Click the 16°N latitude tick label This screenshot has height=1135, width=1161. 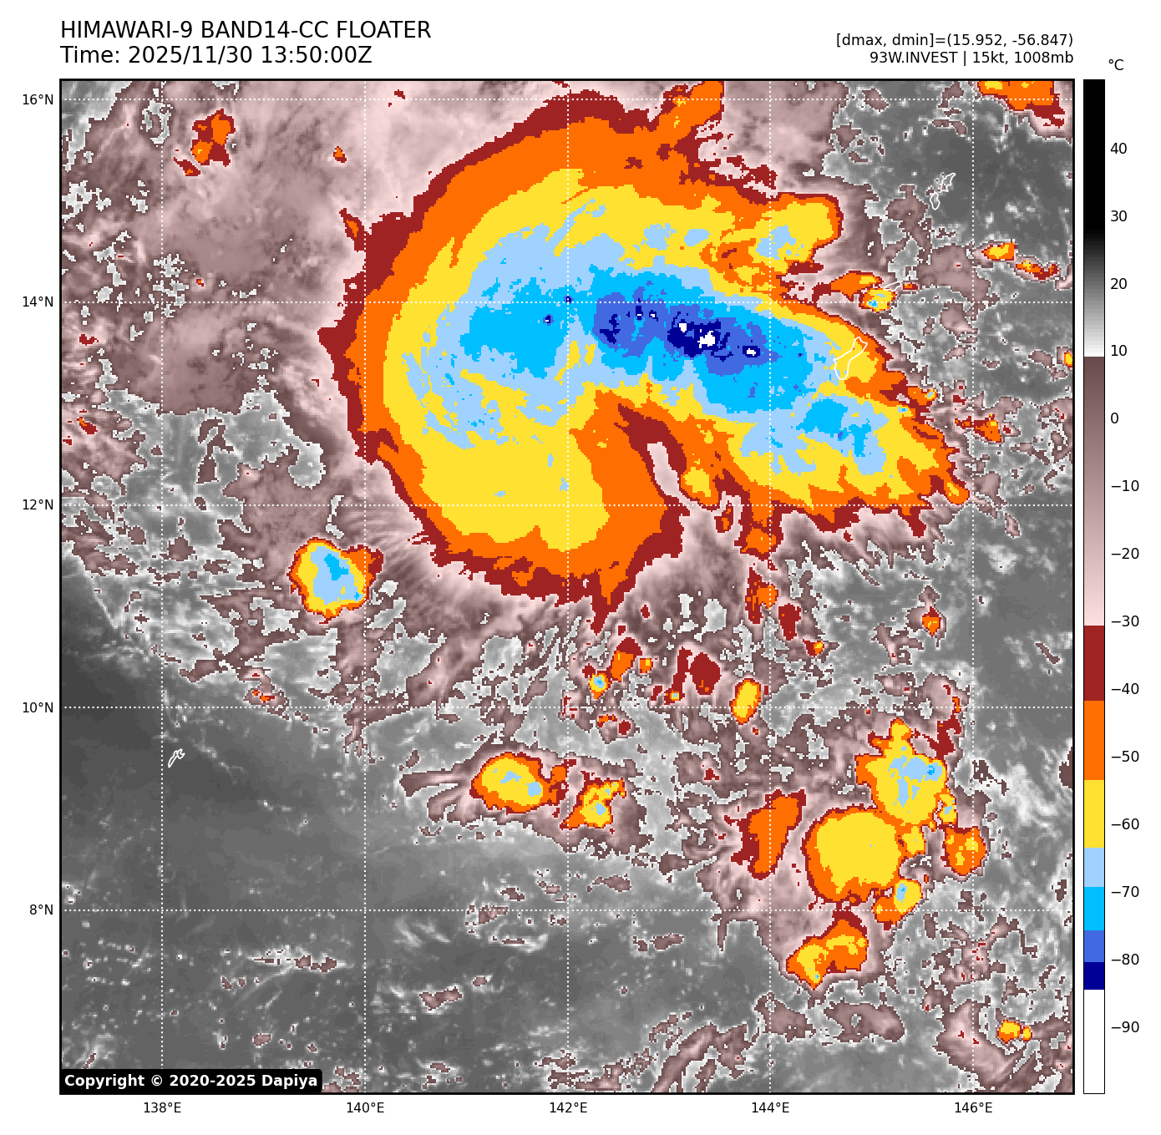point(38,100)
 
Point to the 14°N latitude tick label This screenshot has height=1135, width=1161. point(38,302)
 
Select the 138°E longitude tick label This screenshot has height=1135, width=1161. point(162,1108)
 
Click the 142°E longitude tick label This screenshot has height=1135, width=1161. point(568,1108)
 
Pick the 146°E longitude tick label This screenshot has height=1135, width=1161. point(973,1108)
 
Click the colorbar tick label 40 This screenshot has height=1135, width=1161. point(1118,149)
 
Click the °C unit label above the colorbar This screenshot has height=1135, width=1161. point(1116,65)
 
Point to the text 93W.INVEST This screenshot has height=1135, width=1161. point(913,58)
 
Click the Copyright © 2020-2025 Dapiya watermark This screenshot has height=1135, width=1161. point(190,1081)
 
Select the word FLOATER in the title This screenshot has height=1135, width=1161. point(383,30)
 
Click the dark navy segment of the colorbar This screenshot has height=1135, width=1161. point(1094,975)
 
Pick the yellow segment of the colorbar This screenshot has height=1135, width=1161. point(1094,814)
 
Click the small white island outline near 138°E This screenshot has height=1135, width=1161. point(175,758)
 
